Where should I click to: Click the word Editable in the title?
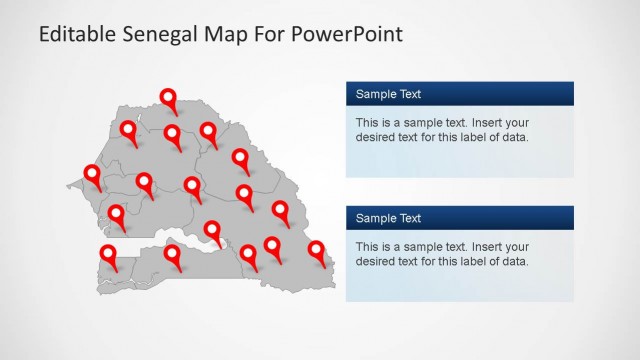click(x=73, y=35)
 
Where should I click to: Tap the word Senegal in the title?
click(x=154, y=35)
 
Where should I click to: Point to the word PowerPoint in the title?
click(x=347, y=35)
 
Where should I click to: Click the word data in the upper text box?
click(x=513, y=138)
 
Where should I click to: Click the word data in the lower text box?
click(x=513, y=262)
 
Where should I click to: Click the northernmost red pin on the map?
click(x=169, y=98)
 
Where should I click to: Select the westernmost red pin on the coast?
click(x=93, y=175)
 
